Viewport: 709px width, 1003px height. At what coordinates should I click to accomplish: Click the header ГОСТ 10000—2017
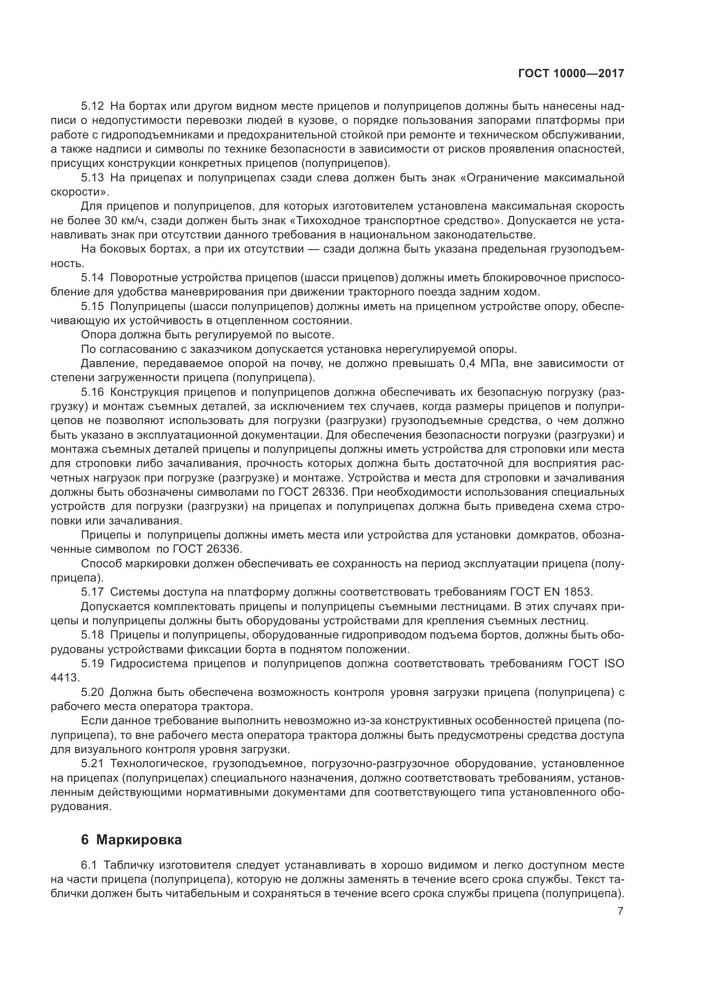[570, 74]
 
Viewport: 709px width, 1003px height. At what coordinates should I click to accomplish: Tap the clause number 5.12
[93, 106]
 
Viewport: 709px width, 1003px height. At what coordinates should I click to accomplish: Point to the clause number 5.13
[93, 178]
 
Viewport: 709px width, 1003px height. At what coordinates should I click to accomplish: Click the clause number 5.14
[93, 278]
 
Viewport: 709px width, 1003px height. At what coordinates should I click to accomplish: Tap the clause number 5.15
[93, 307]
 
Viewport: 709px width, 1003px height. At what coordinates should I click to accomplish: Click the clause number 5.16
[93, 392]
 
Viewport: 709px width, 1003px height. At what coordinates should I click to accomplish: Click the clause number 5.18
[93, 635]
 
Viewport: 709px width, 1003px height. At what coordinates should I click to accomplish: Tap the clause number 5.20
[93, 692]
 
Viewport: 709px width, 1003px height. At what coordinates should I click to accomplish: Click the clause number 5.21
[93, 763]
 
